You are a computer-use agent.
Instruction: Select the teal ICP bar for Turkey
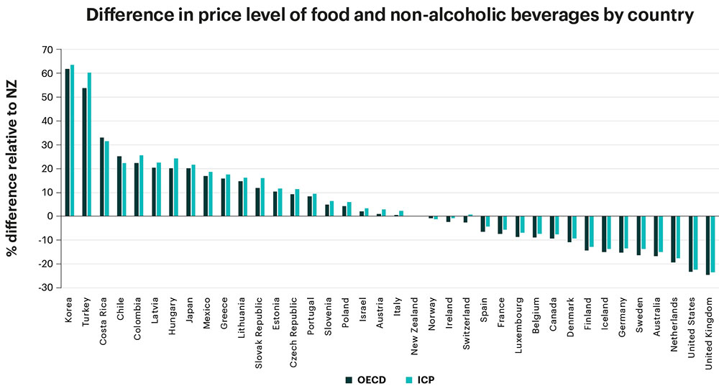89,144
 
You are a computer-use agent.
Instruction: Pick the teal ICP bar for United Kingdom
713,244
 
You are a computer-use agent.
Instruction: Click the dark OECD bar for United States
691,244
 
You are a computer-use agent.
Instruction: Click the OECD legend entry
365,379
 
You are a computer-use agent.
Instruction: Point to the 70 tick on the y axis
47,50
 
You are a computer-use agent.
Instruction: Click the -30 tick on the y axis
45,287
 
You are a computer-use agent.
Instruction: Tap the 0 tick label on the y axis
50,216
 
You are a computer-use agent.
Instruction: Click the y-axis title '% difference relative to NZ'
13,168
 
